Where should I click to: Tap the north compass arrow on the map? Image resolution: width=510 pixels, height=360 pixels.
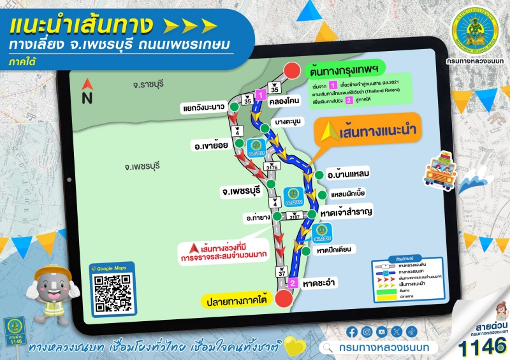tap(87, 85)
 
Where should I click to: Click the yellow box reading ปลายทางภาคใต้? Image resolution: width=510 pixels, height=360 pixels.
tap(235, 298)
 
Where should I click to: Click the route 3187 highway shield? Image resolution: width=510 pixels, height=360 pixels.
tap(295, 217)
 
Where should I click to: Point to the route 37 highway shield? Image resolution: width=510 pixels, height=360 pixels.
tap(282, 272)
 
